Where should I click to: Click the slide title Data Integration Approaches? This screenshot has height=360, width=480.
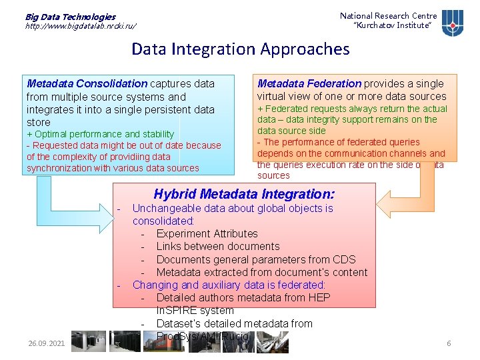point(240,49)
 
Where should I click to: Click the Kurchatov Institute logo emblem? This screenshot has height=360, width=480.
point(453,23)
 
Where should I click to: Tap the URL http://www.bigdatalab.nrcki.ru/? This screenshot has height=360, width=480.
point(81,26)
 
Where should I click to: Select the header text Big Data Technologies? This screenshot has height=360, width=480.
point(70,17)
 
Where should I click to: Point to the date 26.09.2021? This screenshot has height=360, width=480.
point(47,343)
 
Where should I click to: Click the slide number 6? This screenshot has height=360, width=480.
point(449,343)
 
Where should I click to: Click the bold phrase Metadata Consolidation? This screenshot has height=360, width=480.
point(87,84)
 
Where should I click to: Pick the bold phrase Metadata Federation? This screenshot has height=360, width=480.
point(309,84)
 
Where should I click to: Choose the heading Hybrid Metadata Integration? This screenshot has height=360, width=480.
point(244,195)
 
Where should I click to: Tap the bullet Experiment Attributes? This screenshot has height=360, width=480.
point(207,233)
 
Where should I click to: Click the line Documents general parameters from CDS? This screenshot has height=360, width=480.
point(256,259)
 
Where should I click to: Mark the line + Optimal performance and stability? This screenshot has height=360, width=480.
point(100,134)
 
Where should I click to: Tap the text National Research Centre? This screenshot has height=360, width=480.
point(388,16)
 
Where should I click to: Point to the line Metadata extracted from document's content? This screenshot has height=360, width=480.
point(261,272)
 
